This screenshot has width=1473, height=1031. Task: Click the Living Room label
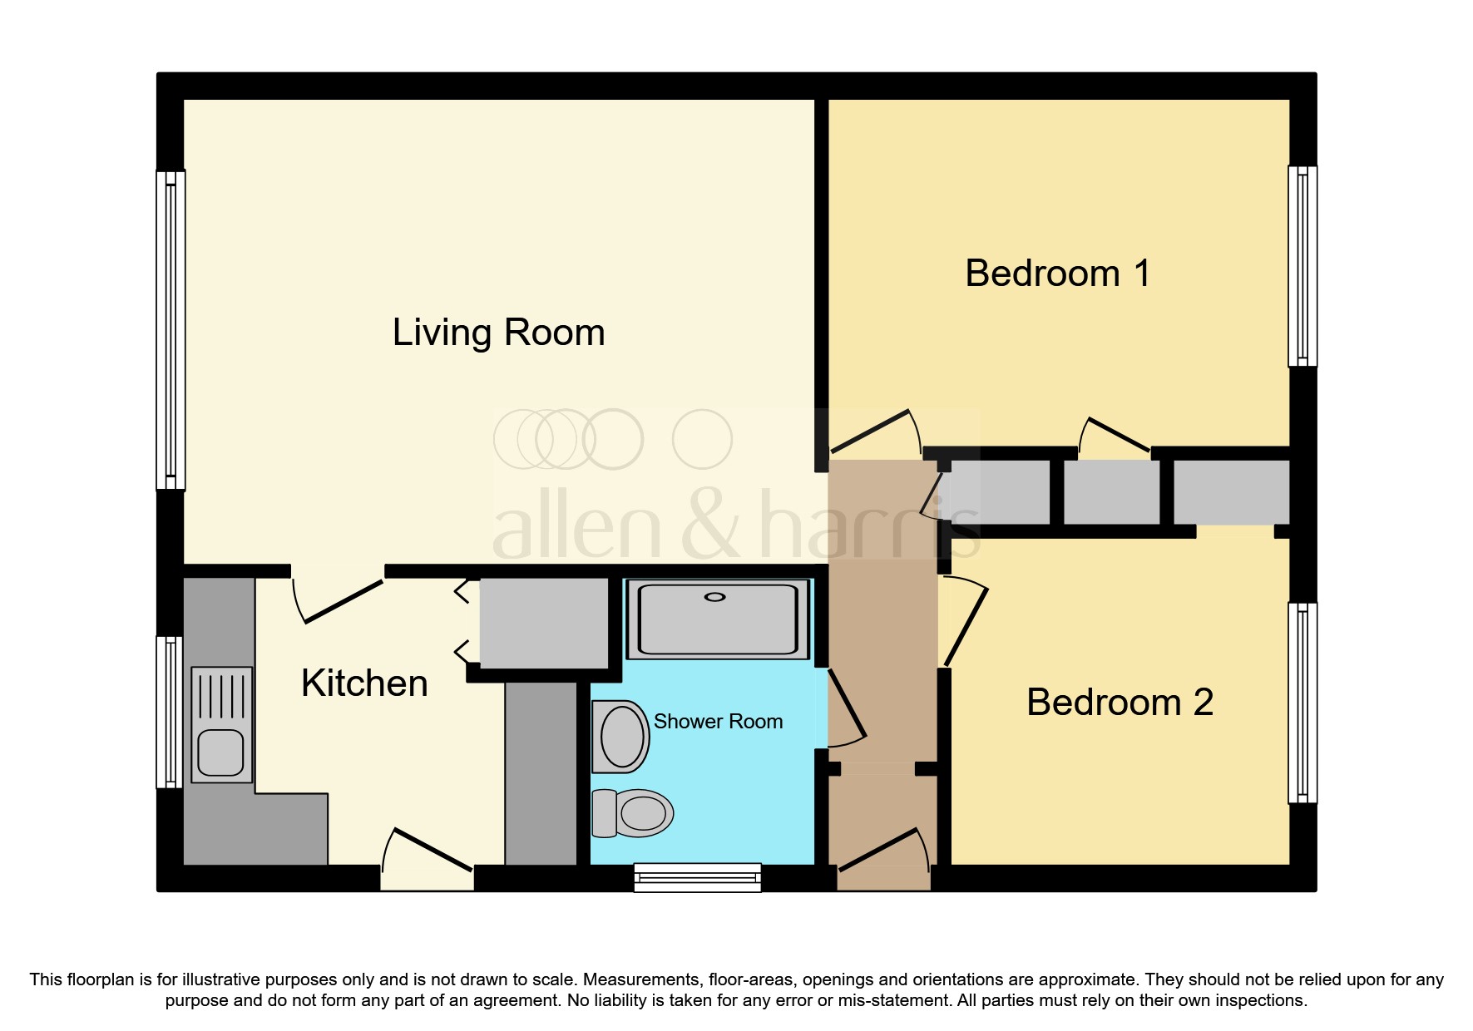point(498,333)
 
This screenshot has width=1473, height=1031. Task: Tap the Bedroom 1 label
point(1058,273)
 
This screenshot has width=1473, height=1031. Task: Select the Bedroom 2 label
point(1120,702)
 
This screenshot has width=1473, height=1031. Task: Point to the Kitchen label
point(364,683)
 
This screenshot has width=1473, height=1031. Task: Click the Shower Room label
point(718,721)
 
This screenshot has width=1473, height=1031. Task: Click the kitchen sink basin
point(221,752)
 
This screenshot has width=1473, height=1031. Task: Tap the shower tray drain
point(715,597)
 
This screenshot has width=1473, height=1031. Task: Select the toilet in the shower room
point(632,812)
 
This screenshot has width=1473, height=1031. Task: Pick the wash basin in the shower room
point(620,737)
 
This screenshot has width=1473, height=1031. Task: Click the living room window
point(171,330)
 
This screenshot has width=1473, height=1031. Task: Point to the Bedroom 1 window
point(1302,266)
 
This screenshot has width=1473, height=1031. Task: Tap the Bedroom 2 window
point(1302,703)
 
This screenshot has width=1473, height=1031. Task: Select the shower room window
point(697,877)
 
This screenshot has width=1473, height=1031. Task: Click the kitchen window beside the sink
point(170,712)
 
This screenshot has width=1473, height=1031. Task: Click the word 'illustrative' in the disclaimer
point(221,979)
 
